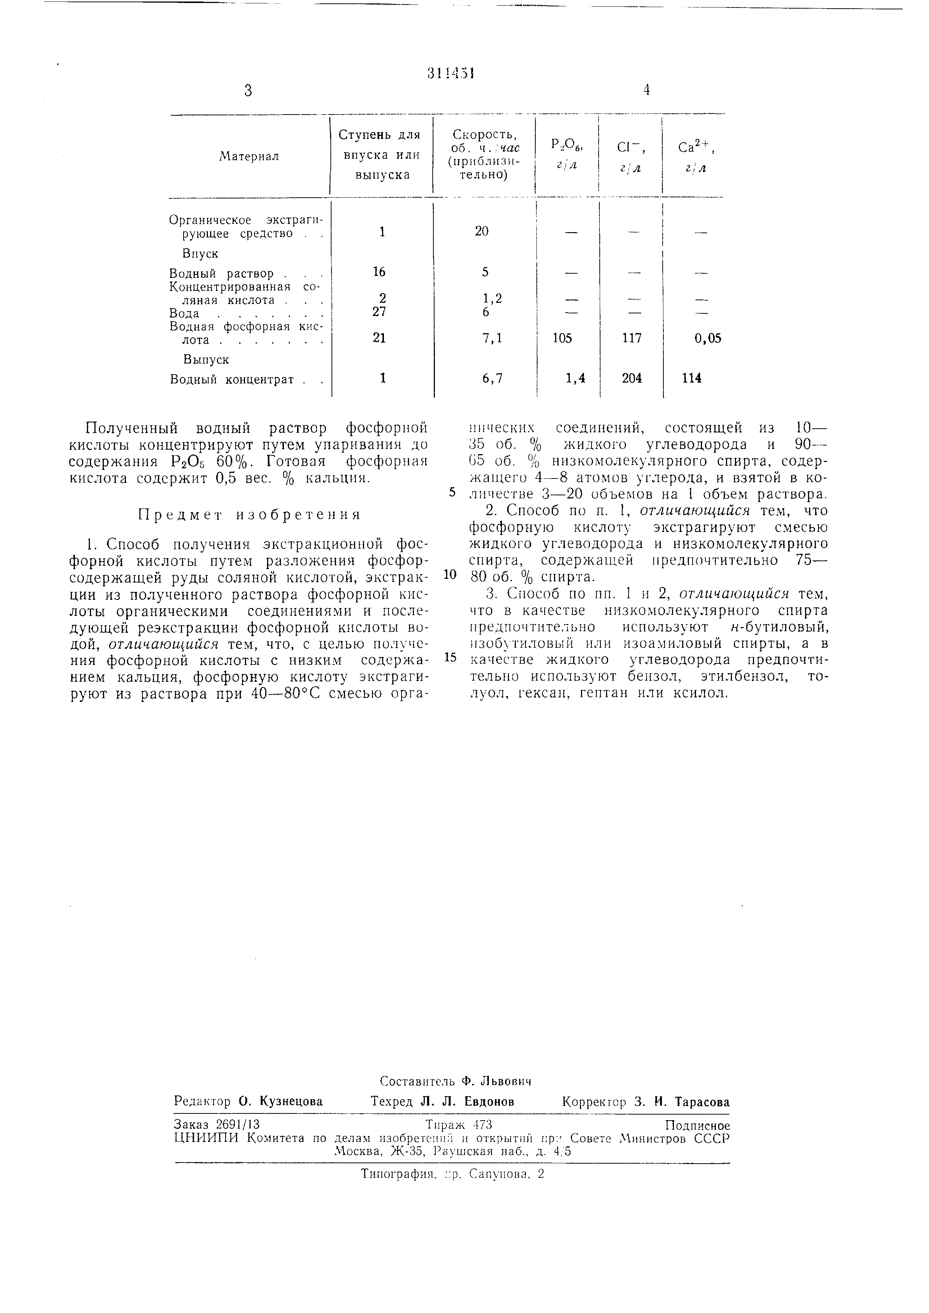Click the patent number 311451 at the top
[x=452, y=74]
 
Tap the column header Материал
[x=249, y=156]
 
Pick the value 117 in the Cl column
[x=632, y=338]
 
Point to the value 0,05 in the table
[x=708, y=338]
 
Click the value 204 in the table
[x=632, y=378]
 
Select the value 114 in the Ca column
[x=692, y=378]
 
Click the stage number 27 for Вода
[x=379, y=312]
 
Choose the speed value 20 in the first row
[x=482, y=231]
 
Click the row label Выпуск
[x=206, y=360]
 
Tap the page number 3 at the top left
[x=248, y=90]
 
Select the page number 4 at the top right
[x=647, y=90]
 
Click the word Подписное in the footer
[x=697, y=1126]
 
